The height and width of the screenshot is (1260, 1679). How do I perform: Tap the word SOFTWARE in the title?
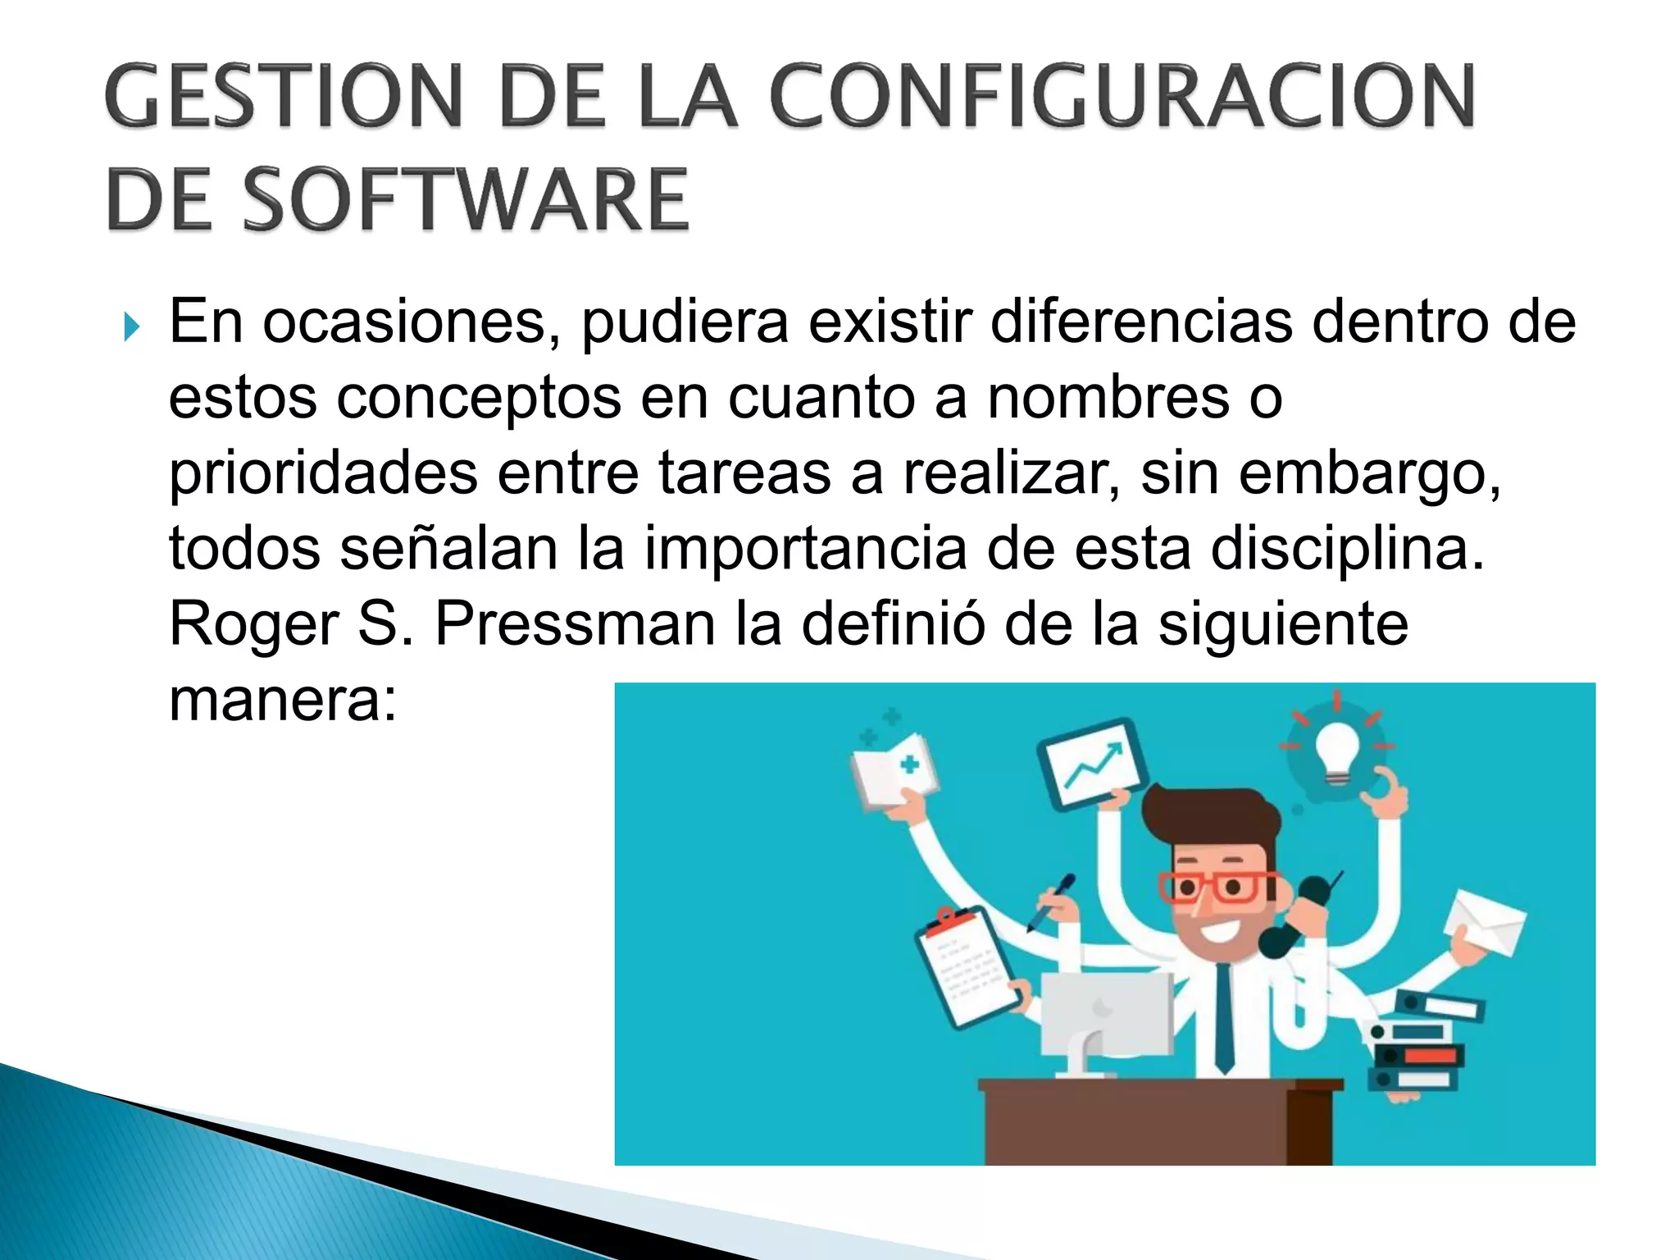(466, 199)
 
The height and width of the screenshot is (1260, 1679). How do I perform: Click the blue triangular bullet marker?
(132, 328)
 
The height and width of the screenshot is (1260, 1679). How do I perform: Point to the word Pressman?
(575, 624)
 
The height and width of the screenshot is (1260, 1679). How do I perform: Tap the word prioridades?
(323, 475)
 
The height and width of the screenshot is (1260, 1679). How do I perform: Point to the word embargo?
(1369, 475)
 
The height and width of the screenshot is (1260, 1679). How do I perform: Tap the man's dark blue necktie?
(1224, 1017)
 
